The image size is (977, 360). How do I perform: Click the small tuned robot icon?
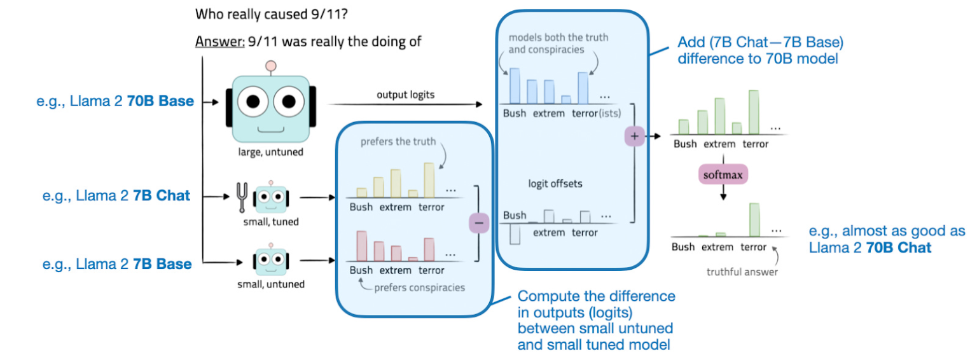tap(270, 198)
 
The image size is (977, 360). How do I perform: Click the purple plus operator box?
tap(635, 135)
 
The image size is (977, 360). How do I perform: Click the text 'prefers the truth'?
tap(398, 141)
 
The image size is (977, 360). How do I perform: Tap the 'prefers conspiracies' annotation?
tap(419, 287)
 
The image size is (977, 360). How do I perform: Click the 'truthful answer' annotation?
tap(742, 272)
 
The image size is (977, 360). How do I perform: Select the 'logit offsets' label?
tap(555, 184)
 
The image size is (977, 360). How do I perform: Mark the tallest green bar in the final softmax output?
tap(755, 219)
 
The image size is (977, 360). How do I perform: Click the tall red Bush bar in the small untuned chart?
tap(362, 246)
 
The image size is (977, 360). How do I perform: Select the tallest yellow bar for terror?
tap(429, 179)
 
